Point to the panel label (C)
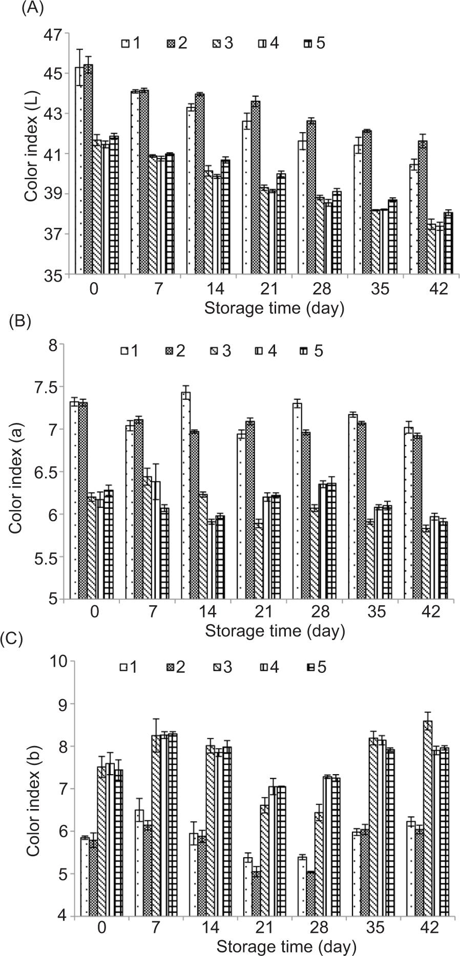[x=11, y=640]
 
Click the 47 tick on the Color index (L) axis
[x=56, y=34]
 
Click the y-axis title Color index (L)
[x=31, y=154]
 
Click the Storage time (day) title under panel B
[x=275, y=631]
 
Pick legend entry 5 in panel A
[x=314, y=43]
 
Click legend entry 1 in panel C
[x=130, y=667]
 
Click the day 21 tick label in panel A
[x=269, y=289]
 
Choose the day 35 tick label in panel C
[x=375, y=928]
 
